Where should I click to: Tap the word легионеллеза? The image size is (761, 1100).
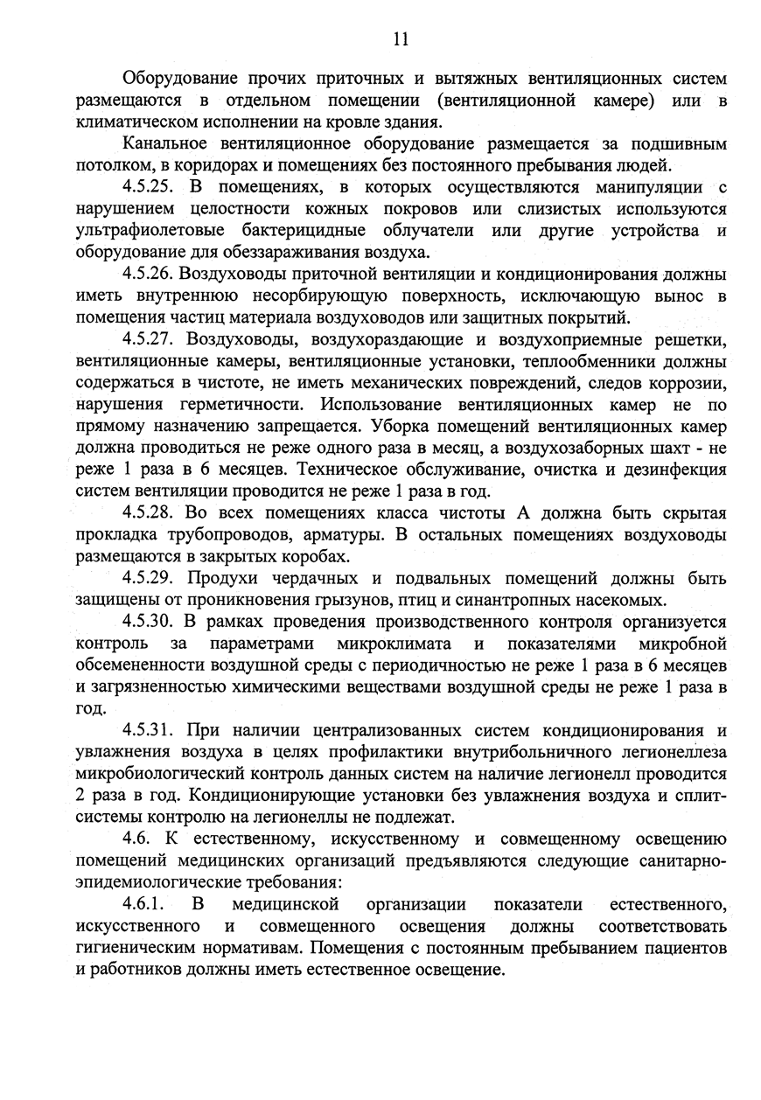[x=675, y=751]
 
